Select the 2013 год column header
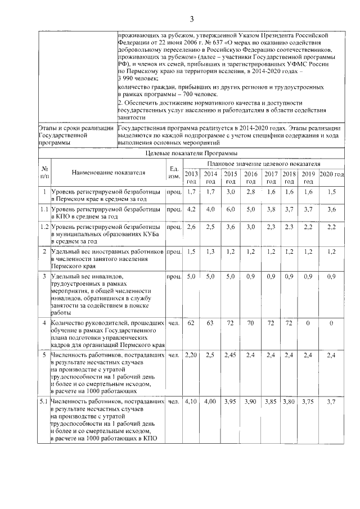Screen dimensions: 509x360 [191, 177]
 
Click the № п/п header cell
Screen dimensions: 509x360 [43, 172]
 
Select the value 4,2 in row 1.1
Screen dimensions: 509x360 [191, 209]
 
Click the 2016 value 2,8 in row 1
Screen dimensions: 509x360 [251, 192]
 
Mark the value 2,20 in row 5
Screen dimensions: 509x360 [191, 355]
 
